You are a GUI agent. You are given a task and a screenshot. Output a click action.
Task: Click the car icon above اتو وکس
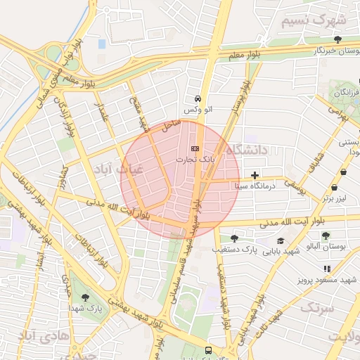(x=198, y=99)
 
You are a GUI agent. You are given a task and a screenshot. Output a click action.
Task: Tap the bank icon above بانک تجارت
(x=195, y=148)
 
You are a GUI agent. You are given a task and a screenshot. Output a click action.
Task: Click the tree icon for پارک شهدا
(x=86, y=297)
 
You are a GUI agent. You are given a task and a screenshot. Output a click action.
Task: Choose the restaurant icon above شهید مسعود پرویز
(x=326, y=269)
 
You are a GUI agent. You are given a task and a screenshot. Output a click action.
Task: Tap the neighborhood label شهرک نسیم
(x=314, y=20)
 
